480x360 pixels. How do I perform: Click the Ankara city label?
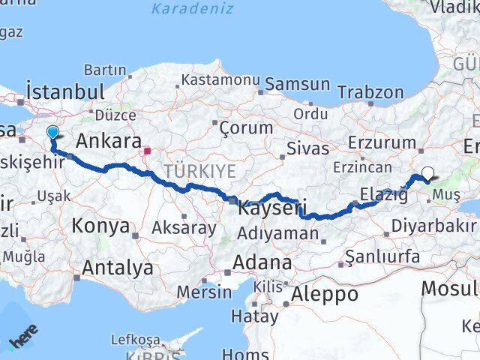pyautogui.click(x=109, y=140)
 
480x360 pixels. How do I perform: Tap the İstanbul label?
pyautogui.click(x=64, y=91)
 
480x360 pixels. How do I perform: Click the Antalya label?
pyautogui.click(x=118, y=268)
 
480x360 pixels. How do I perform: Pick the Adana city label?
pyautogui.click(x=262, y=262)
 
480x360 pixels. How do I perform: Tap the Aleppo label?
pyautogui.click(x=326, y=293)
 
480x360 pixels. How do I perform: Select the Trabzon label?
pyautogui.click(x=370, y=92)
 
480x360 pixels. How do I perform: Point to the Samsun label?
pyautogui.click(x=298, y=84)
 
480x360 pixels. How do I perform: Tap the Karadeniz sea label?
pyautogui.click(x=192, y=9)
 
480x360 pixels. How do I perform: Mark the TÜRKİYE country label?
pyautogui.click(x=200, y=171)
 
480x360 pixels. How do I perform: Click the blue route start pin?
pyautogui.click(x=52, y=133)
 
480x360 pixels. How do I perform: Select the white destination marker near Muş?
pyautogui.click(x=427, y=174)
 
